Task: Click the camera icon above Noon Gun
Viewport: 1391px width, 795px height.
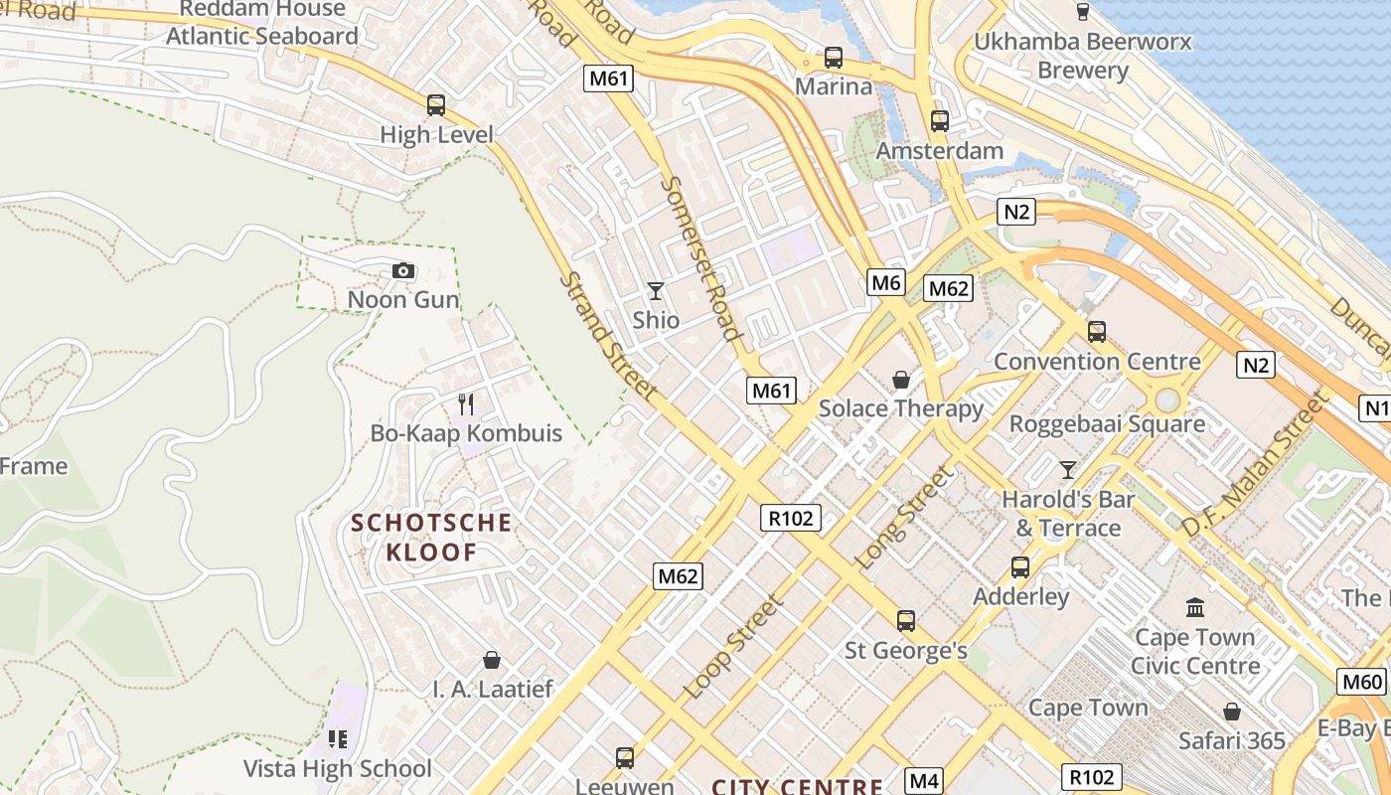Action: coord(402,270)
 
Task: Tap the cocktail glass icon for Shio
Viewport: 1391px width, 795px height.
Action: coord(655,290)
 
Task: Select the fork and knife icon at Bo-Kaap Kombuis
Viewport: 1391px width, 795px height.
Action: coord(465,403)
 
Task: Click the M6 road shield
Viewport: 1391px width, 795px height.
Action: coord(885,282)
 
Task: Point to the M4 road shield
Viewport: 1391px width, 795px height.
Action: coord(924,780)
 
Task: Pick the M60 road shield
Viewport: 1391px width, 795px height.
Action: coord(1361,682)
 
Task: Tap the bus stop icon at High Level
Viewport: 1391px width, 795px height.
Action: coord(435,104)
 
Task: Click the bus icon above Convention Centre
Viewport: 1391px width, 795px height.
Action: coord(1097,332)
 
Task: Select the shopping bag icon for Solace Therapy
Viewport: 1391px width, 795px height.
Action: coord(900,380)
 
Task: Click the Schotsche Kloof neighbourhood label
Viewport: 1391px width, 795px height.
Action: coord(431,537)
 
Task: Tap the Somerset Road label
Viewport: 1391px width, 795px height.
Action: coord(701,258)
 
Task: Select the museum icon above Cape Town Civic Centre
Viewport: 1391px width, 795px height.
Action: coord(1195,606)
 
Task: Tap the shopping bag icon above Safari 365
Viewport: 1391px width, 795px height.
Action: coord(1232,712)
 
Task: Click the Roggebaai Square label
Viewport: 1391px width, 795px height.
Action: coord(1107,424)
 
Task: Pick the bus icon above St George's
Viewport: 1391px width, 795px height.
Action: coord(905,621)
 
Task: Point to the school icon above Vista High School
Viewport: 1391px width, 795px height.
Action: coord(338,738)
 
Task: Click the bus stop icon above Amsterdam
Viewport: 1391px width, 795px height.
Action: coord(940,121)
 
